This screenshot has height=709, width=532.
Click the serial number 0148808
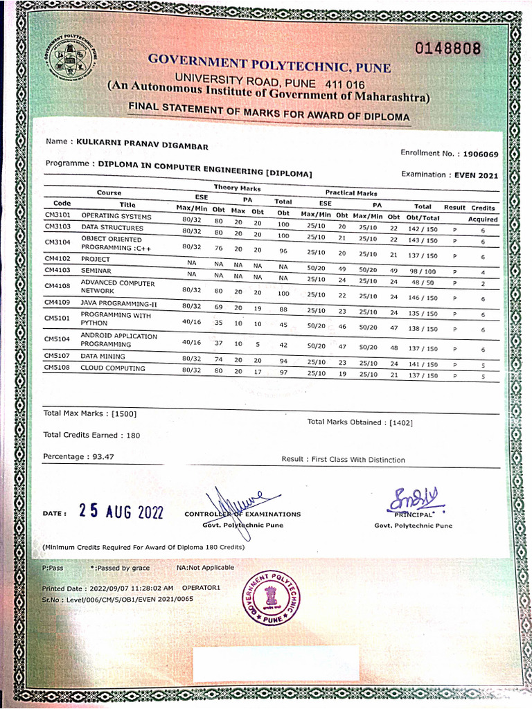tap(448, 49)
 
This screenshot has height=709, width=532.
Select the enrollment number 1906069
tap(481, 154)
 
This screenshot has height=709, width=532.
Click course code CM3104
tap(57, 242)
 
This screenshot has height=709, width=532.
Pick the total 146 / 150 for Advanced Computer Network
tap(423, 298)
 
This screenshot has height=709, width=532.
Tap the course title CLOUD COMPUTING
tap(113, 368)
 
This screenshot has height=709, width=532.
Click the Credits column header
tap(483, 208)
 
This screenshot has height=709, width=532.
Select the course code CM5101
tap(57, 319)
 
